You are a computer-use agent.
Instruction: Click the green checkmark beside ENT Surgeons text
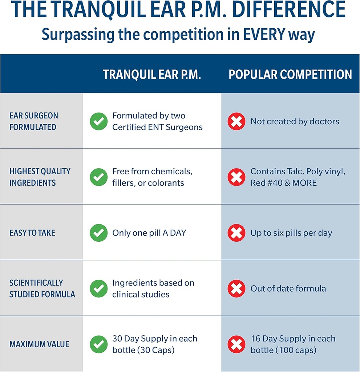pos(98,121)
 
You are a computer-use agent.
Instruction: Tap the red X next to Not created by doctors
pos(236,121)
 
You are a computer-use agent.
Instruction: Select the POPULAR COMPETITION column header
pos(290,74)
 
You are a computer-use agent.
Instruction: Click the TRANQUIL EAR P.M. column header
pos(152,74)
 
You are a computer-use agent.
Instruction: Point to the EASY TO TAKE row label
pos(32,233)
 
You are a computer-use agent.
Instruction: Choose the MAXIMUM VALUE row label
pos(39,344)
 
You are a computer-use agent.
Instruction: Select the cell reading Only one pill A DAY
pos(149,233)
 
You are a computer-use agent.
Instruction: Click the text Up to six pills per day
pos(291,233)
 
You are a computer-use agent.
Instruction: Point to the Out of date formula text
pos(288,289)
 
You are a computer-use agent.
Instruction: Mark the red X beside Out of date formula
pos(236,289)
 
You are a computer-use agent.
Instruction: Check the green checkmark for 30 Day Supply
pos(98,344)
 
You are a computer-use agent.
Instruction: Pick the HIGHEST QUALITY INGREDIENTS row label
pos(40,177)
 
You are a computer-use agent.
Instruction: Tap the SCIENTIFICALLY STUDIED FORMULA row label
pos(42,288)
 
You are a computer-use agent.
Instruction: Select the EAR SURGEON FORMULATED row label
pos(33,121)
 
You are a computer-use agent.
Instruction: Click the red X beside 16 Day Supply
pos(236,344)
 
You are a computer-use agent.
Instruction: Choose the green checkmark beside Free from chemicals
pos(98,177)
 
